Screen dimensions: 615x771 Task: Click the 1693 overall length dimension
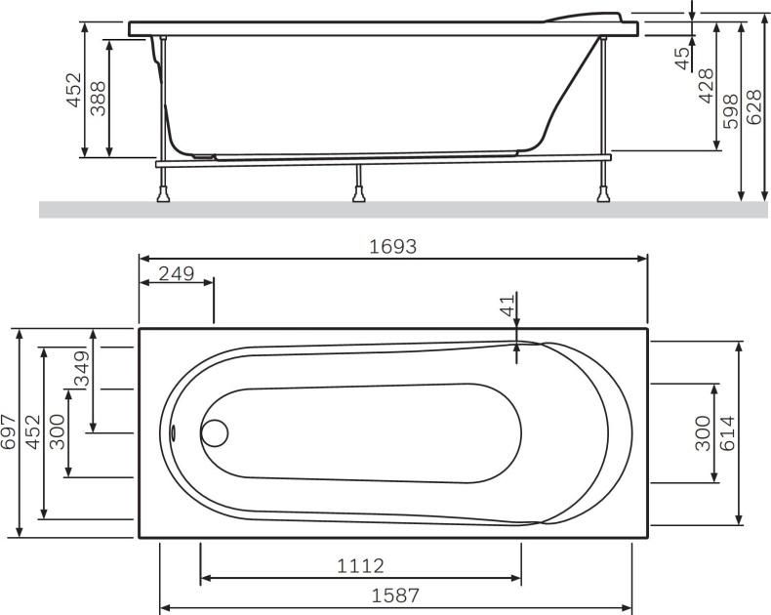click(392, 247)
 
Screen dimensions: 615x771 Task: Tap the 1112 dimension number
click(360, 566)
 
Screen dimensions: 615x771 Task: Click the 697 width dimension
click(9, 432)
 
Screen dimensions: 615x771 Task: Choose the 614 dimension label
click(752, 431)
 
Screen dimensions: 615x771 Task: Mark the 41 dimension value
click(506, 307)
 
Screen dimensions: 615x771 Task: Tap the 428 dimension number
click(706, 86)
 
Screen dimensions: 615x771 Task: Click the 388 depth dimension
click(98, 98)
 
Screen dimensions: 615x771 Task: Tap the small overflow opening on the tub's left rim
click(172, 432)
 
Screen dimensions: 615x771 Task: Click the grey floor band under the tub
click(390, 209)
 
